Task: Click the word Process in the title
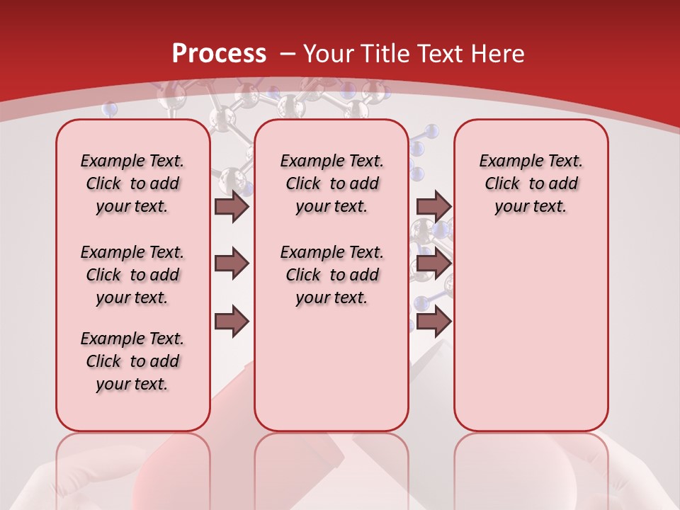pyautogui.click(x=219, y=53)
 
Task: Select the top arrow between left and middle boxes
pyautogui.click(x=232, y=207)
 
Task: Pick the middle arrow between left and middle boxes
pyautogui.click(x=232, y=263)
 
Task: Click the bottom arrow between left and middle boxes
pyautogui.click(x=232, y=322)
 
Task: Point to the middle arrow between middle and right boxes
pyautogui.click(x=433, y=263)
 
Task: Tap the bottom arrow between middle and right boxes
pyautogui.click(x=433, y=322)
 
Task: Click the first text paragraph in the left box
pyautogui.click(x=132, y=183)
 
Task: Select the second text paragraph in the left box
pyautogui.click(x=132, y=275)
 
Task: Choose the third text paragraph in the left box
pyautogui.click(x=132, y=361)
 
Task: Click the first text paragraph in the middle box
pyautogui.click(x=331, y=183)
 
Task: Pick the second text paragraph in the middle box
pyautogui.click(x=331, y=275)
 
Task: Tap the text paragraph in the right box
pyautogui.click(x=531, y=183)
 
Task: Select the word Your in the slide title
pyautogui.click(x=329, y=53)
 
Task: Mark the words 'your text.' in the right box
pyautogui.click(x=531, y=207)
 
